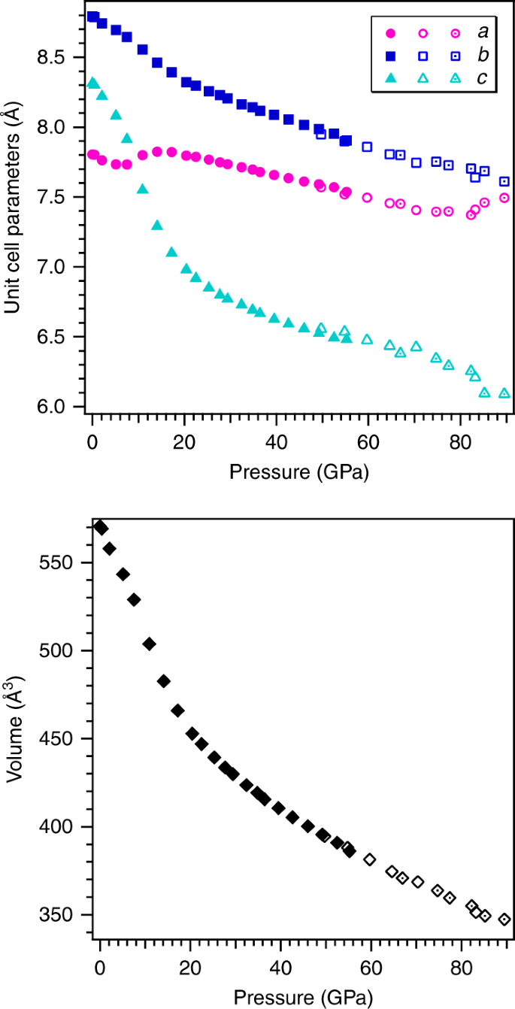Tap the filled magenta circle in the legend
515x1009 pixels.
coord(390,34)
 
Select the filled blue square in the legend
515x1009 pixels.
coord(390,56)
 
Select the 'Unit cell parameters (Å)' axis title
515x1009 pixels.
coord(13,211)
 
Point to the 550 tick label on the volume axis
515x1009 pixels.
coord(62,563)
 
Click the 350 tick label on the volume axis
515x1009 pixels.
coord(62,915)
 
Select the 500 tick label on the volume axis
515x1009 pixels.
coord(62,651)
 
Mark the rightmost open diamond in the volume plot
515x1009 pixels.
coord(504,920)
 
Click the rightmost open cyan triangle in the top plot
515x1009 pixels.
coord(504,393)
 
